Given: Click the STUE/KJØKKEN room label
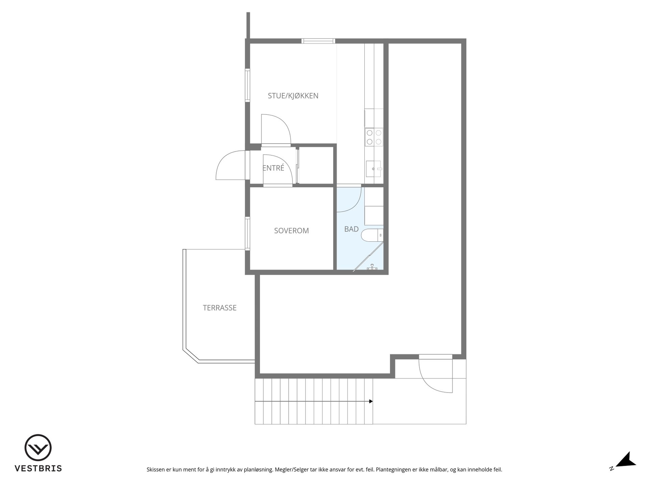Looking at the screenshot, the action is [x=293, y=96].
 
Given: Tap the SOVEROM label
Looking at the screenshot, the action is [x=291, y=231].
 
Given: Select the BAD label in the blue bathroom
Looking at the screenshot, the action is [x=351, y=229].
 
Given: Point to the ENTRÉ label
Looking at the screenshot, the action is [x=273, y=168].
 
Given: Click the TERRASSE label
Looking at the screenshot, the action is [x=220, y=308].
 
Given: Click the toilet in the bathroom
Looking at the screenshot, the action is [x=372, y=235].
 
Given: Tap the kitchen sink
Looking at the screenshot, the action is [x=374, y=168].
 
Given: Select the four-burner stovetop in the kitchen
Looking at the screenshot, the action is [x=374, y=137].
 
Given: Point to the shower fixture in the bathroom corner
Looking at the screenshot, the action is [x=372, y=267].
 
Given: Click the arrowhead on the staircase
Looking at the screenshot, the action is [x=371, y=401].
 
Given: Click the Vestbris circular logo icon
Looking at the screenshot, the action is [x=38, y=448].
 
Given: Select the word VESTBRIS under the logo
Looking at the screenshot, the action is [x=38, y=468].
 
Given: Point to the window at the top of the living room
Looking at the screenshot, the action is [x=318, y=41].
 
